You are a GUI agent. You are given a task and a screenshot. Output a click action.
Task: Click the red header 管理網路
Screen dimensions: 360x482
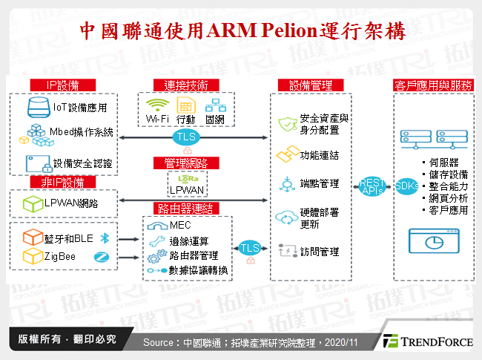pos(185,162)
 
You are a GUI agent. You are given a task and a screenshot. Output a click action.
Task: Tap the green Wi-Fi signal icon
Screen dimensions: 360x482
pos(156,105)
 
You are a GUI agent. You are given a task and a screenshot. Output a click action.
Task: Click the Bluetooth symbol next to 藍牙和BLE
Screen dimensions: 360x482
pos(105,238)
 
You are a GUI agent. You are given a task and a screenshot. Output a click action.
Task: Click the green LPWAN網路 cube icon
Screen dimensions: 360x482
pos(31,203)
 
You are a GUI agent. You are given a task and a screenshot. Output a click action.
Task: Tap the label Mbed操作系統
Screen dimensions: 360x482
pos(81,133)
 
